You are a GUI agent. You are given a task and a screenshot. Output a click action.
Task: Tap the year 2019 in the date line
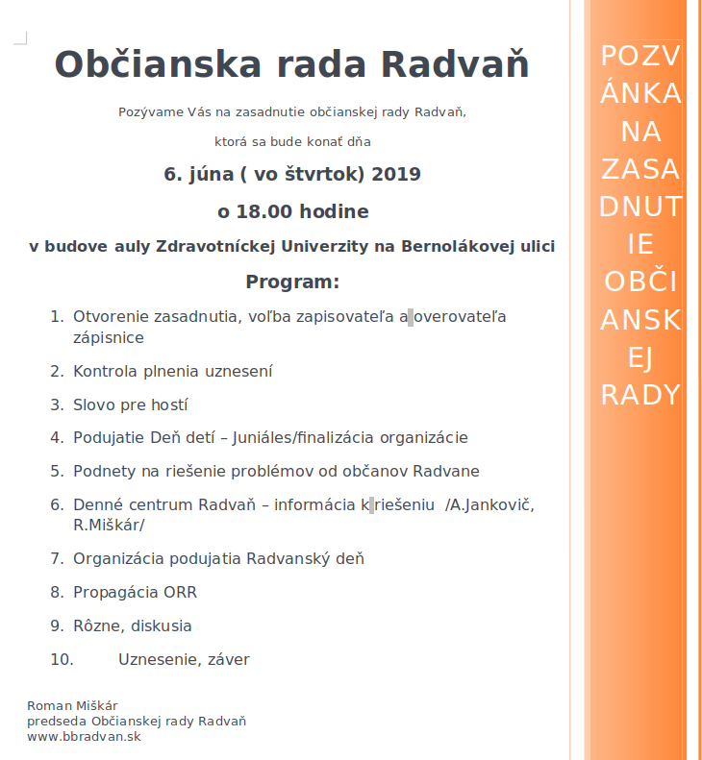[395, 175]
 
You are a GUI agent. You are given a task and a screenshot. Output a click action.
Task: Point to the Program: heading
[292, 282]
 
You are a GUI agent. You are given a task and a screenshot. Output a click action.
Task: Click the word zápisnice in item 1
[109, 338]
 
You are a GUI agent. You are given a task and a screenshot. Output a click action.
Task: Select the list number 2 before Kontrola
[56, 371]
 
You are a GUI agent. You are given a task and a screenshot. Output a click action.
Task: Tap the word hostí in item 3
[168, 405]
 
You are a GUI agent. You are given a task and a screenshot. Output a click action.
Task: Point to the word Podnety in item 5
[104, 471]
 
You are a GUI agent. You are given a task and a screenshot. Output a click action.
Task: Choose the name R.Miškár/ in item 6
[109, 526]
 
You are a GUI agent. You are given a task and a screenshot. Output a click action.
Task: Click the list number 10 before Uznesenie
[61, 659]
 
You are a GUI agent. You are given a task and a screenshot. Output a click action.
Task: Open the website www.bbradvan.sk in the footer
[85, 737]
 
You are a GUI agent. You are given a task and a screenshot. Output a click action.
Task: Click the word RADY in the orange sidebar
[640, 395]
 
